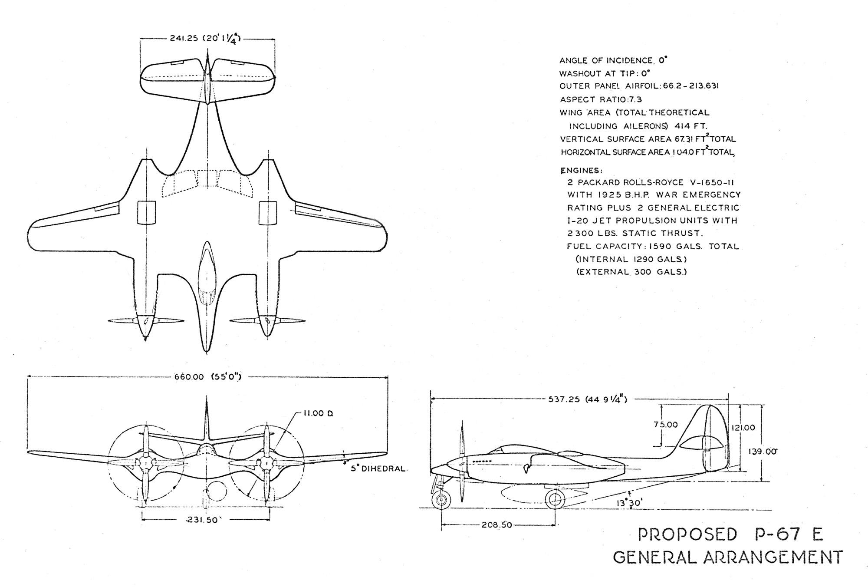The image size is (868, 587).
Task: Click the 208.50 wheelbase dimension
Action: click(x=496, y=525)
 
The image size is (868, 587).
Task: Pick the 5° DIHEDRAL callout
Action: click(x=379, y=469)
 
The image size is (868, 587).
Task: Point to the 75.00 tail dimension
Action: click(x=666, y=425)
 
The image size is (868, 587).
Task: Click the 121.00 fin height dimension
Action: click(x=743, y=428)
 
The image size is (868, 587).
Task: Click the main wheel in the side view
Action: click(x=555, y=500)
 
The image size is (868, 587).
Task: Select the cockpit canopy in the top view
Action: click(x=207, y=273)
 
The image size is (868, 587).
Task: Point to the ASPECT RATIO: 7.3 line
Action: click(x=601, y=99)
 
